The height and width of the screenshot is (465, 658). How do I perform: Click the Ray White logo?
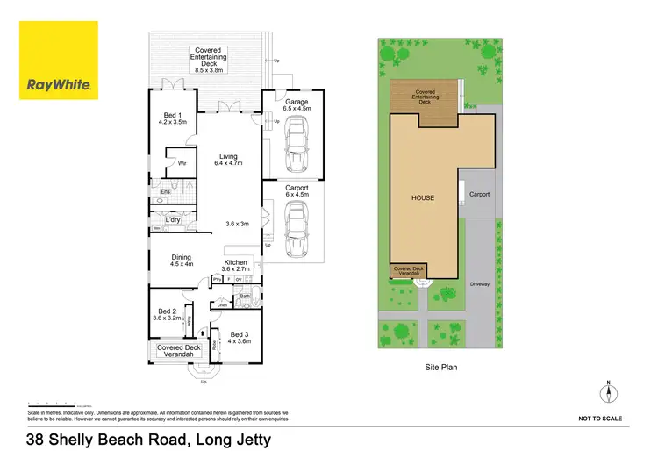pos(59,61)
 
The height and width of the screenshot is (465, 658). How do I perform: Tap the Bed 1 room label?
pos(174,118)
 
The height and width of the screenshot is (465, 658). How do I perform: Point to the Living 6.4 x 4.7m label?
pos(228,160)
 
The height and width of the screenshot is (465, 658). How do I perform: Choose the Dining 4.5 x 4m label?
pos(182,261)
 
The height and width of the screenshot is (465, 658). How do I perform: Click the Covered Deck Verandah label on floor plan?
pos(179,351)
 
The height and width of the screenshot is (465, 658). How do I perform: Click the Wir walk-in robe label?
pos(182,162)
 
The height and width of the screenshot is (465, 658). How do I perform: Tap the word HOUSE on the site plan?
pos(424,197)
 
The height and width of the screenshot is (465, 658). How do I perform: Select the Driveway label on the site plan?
pos(478,284)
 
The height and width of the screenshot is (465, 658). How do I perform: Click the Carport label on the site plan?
pos(479,194)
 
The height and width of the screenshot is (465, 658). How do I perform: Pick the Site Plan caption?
pos(440,368)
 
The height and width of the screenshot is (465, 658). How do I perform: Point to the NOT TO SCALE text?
pos(600,418)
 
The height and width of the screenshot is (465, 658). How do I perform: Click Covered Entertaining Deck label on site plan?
pos(425,97)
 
